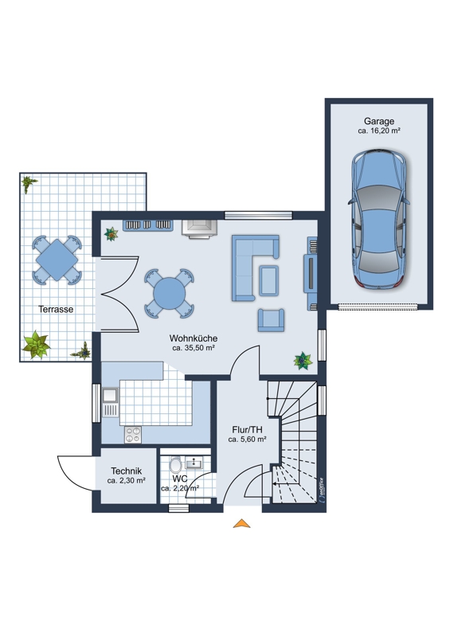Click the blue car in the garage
coord(379,220)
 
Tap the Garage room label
coord(379,121)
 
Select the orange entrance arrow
coord(241,524)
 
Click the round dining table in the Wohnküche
coord(169,293)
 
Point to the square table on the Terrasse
coord(57,260)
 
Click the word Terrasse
coord(56,309)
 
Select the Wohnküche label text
coord(194,338)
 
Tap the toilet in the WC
coord(175,466)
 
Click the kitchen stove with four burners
coord(133,434)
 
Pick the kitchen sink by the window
coord(110,403)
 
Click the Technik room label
coord(127,471)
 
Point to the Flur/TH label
coord(247,429)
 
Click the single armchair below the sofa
coord(271,320)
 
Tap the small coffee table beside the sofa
coord(268,280)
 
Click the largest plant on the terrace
coord(37,346)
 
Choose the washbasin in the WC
coord(195,463)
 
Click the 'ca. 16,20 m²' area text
coord(379,131)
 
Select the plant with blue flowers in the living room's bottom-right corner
coord(303,361)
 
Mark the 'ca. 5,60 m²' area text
coord(247,440)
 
